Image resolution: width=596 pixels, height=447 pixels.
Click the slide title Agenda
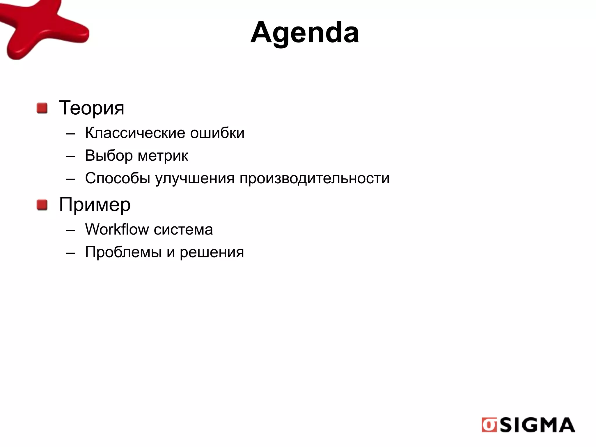[304, 33]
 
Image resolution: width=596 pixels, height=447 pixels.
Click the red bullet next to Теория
[42, 108]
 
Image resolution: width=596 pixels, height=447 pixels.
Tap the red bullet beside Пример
[42, 205]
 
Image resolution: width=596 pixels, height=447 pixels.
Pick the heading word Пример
[95, 205]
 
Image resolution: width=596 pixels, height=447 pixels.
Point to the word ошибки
[217, 133]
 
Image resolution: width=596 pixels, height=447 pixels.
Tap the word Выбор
[109, 156]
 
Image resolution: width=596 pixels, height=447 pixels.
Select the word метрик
[163, 156]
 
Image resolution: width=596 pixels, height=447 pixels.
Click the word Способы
[118, 178]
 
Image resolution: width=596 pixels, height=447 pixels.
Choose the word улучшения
[195, 178]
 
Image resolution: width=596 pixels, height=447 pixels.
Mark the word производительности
[314, 178]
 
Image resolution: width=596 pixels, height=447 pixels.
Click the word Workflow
[117, 229]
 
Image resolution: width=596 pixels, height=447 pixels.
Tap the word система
[183, 230]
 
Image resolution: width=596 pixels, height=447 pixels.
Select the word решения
[212, 252]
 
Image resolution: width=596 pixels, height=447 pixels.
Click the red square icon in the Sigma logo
[489, 425]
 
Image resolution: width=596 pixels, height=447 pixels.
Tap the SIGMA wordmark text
[537, 425]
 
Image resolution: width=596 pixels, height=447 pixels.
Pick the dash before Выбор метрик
[70, 156]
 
